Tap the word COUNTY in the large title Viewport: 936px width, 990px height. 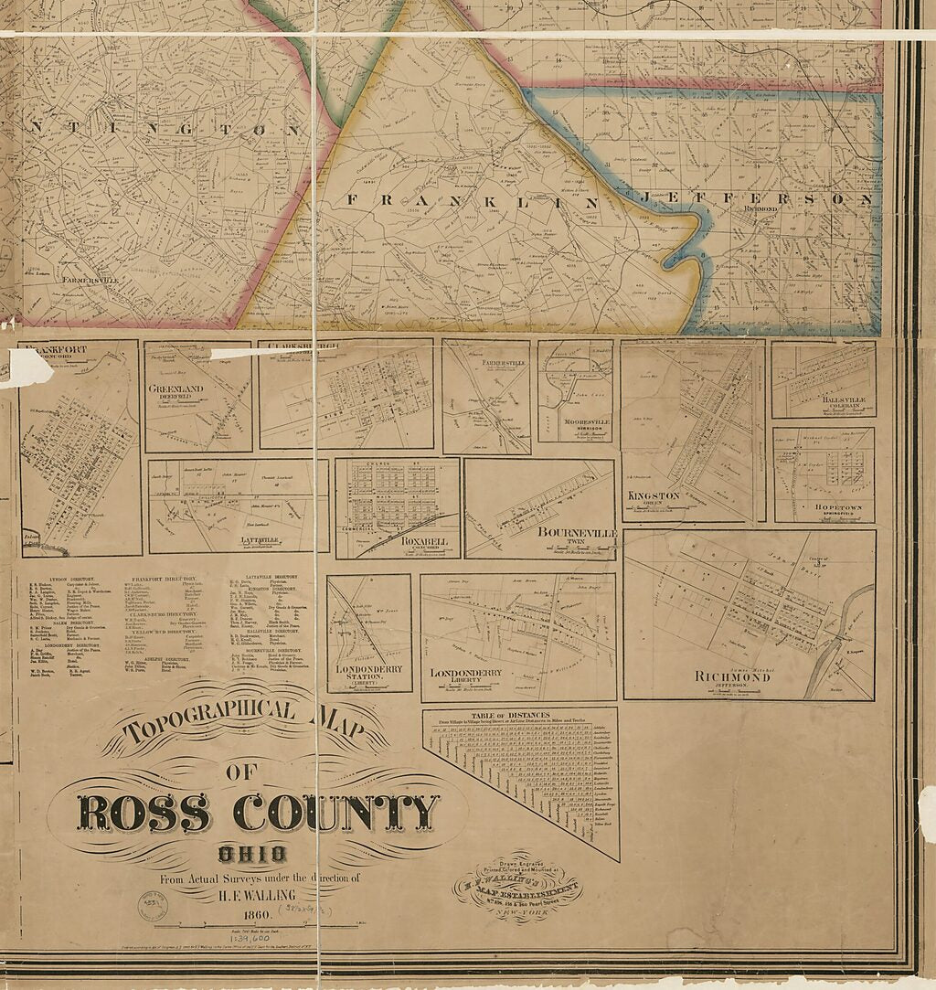click(335, 812)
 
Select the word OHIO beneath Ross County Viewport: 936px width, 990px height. click(252, 856)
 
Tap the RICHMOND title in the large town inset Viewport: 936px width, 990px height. click(747, 676)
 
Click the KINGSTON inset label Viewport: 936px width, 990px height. click(654, 495)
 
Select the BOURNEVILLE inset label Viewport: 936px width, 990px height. click(577, 532)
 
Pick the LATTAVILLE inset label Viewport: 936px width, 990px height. click(235, 540)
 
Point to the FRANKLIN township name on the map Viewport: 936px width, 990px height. click(472, 200)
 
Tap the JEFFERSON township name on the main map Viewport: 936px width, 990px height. click(757, 198)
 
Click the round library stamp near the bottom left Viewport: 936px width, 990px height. click(153, 905)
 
